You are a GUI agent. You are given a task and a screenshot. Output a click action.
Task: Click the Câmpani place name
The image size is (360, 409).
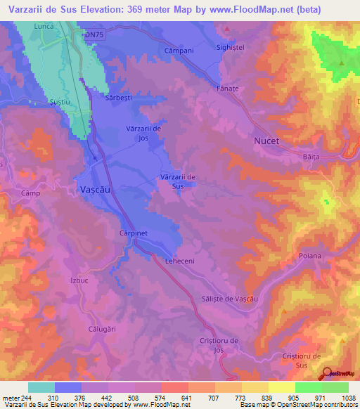pyautogui.click(x=178, y=51)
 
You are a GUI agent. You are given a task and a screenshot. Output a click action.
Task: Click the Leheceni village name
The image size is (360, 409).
pyautogui.click(x=179, y=261)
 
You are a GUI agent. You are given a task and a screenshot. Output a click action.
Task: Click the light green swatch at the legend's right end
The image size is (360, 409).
pyautogui.click(x=335, y=387)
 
